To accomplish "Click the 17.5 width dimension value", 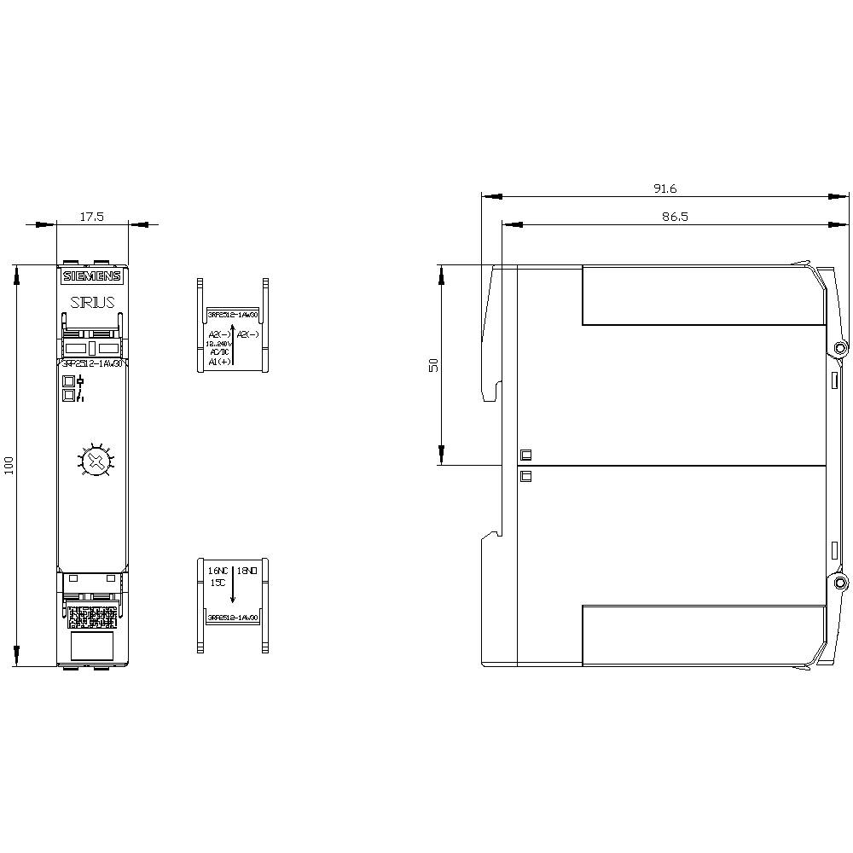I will click(x=91, y=217).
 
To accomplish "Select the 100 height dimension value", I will click(x=9, y=466).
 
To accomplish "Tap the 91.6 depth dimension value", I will click(x=664, y=189).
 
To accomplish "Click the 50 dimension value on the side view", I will click(x=433, y=364).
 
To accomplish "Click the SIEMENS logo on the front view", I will click(x=92, y=276).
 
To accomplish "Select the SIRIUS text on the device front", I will click(x=92, y=303).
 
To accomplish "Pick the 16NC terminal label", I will click(x=218, y=569).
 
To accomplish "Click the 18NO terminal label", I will click(x=247, y=569).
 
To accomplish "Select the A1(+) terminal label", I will click(x=218, y=361).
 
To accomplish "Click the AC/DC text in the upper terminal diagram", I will click(x=218, y=351).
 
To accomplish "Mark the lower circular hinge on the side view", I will click(x=840, y=583).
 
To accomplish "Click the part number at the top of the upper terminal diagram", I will click(x=233, y=314).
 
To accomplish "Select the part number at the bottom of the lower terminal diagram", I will click(x=233, y=617).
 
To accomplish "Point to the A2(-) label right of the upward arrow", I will click(x=248, y=334).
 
